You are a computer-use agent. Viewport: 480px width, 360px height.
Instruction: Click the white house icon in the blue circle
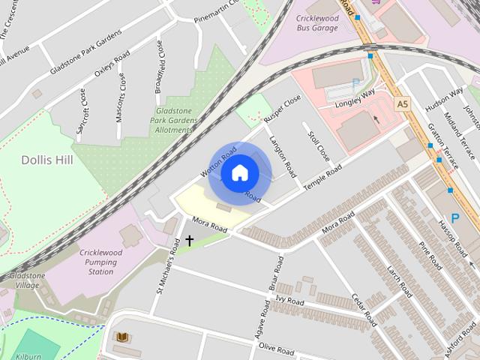239,173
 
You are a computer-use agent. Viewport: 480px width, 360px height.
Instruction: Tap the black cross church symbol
189,241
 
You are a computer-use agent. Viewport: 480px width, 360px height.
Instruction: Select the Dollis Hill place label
46,160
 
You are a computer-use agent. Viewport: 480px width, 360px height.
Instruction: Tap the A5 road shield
403,102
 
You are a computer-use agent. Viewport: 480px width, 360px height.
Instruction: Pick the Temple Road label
322,177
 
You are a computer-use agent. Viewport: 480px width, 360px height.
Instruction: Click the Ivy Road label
289,301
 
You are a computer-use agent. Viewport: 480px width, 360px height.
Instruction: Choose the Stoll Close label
319,145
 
